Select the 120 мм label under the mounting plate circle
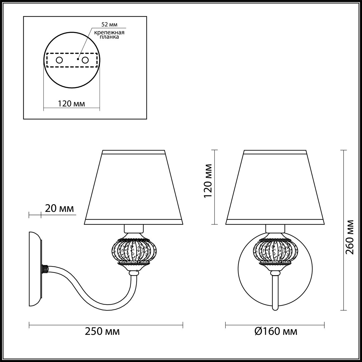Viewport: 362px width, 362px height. (x=72, y=104)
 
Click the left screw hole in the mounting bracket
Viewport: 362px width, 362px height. (x=59, y=60)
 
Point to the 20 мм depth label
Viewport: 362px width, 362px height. (x=59, y=209)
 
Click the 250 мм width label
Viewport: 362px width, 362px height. (x=102, y=331)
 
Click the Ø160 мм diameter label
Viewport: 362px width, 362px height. (x=276, y=331)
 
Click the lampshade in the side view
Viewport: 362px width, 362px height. (x=133, y=187)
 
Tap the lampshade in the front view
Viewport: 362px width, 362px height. (x=275, y=187)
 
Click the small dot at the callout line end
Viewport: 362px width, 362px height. (x=78, y=59)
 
